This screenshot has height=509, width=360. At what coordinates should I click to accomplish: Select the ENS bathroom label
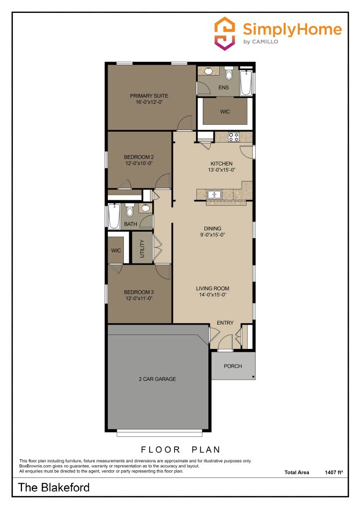[223, 88]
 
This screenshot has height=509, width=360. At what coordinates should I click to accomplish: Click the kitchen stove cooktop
[233, 136]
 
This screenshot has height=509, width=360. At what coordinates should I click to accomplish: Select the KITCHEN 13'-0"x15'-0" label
[221, 167]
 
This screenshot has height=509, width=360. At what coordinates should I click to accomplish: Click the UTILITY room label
[142, 248]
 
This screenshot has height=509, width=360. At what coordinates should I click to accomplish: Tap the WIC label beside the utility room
[116, 251]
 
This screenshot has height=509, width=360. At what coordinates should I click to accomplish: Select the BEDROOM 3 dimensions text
[138, 299]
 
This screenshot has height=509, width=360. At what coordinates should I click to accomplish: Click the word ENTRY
[225, 323]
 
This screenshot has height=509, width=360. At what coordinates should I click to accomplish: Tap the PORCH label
[233, 366]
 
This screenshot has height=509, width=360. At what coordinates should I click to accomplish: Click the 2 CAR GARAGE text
[157, 379]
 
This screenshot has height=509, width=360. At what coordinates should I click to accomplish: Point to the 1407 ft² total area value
[333, 472]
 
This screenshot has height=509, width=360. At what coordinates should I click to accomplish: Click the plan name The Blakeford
[54, 488]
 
